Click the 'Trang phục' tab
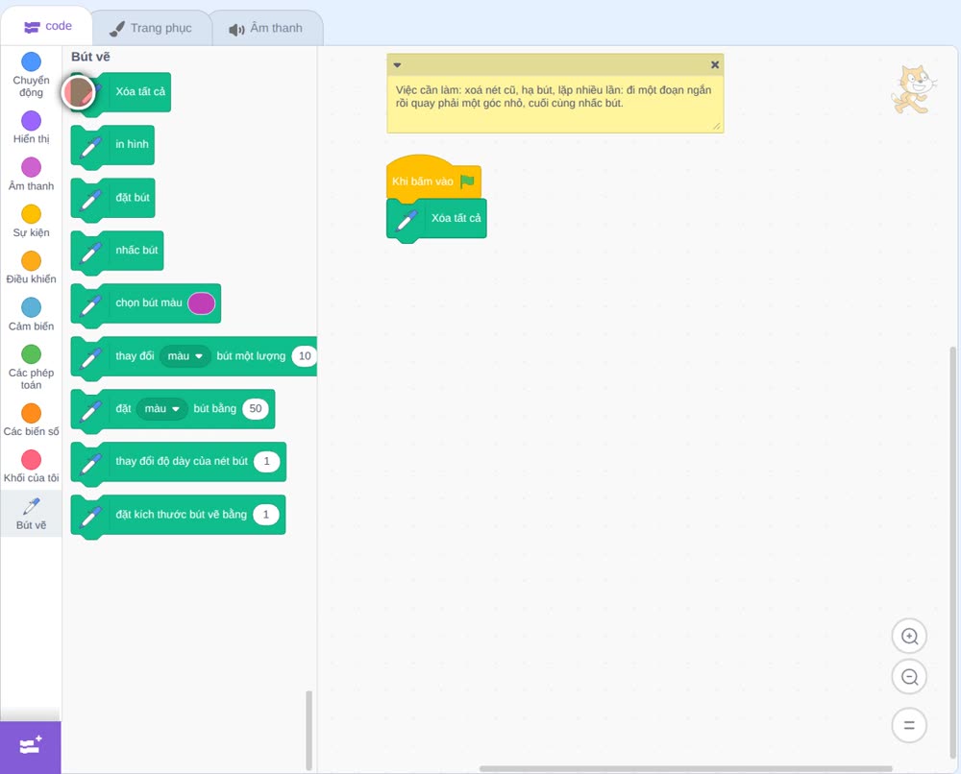coord(152,28)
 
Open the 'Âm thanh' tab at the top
coord(266,28)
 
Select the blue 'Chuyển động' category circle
coord(32,61)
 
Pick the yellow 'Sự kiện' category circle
coord(32,214)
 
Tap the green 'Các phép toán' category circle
coord(32,354)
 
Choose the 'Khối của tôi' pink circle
coord(32,459)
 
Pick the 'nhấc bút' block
coord(117,251)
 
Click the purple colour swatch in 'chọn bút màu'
coord(201,303)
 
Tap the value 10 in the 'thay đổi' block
coord(305,355)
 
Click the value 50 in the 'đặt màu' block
coord(256,408)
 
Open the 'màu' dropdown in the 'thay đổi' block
coord(185,355)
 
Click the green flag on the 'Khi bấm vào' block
coord(468,181)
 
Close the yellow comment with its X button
coord(715,64)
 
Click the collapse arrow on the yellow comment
coord(397,65)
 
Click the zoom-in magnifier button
coord(909,637)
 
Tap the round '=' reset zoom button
coord(909,725)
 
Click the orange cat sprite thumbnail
coord(913,90)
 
